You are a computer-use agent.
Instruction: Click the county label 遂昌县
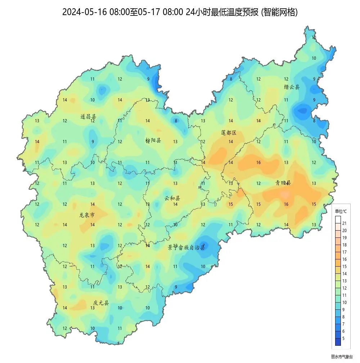(x=88, y=117)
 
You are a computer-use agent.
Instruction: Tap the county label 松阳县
(x=153, y=140)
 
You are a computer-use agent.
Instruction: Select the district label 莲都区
(x=229, y=133)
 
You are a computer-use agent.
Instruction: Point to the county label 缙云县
(x=292, y=87)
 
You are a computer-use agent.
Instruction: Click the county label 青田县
(x=283, y=183)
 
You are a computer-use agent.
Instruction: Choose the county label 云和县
(x=172, y=198)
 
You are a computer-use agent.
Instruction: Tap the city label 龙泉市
(x=87, y=215)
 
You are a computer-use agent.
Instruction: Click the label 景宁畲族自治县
(x=187, y=247)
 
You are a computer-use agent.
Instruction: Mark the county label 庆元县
(x=101, y=303)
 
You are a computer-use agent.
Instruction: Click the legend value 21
(x=344, y=223)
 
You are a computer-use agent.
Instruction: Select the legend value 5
(x=343, y=339)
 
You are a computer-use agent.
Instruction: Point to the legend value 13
(x=344, y=281)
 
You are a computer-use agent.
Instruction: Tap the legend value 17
(x=344, y=252)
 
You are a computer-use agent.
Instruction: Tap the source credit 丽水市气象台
(x=342, y=357)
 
